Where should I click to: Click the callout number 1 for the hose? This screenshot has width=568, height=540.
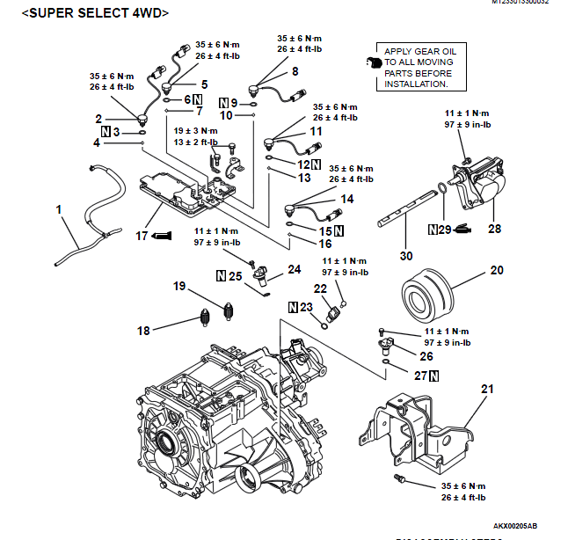[x=59, y=210]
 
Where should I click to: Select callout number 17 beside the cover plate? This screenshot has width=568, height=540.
[x=142, y=236]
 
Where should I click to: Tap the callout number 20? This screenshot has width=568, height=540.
[x=497, y=271]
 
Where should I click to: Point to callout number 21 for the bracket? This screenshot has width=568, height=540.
[x=488, y=388]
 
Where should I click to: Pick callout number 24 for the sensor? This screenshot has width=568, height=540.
[x=294, y=270]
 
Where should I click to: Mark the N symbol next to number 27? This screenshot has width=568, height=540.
[x=433, y=376]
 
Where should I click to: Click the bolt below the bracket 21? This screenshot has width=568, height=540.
[x=400, y=478]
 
